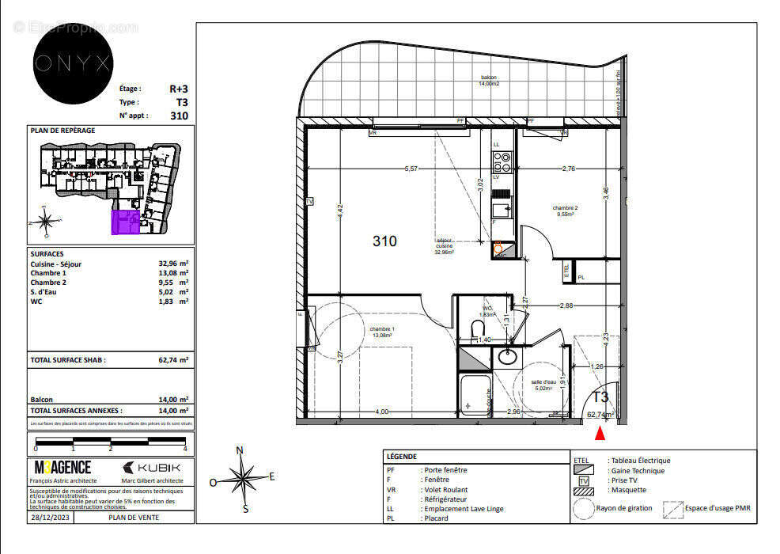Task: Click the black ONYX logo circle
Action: [x=72, y=63]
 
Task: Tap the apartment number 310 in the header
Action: [x=179, y=115]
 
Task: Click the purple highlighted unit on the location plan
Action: [x=125, y=222]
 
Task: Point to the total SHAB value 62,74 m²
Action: [x=173, y=359]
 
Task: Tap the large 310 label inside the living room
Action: [x=384, y=241]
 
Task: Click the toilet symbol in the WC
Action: [x=477, y=328]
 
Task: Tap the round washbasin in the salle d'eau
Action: [x=506, y=358]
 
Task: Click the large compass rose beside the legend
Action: [x=244, y=478]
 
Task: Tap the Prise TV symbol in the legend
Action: [x=585, y=480]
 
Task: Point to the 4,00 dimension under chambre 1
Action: [x=381, y=412]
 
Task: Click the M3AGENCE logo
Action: [x=62, y=468]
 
